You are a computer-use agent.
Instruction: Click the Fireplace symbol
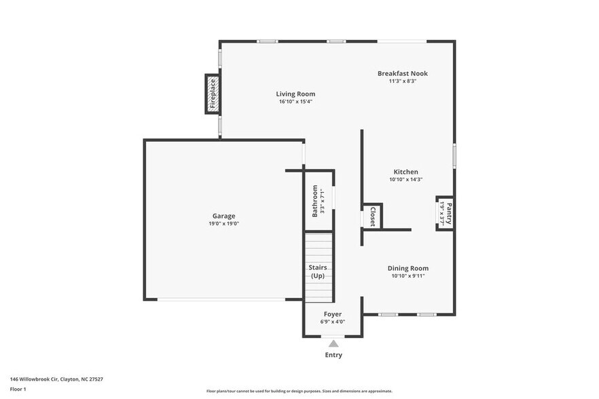[212, 94]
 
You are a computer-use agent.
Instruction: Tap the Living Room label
[295, 94]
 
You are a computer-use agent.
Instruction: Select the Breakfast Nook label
[403, 73]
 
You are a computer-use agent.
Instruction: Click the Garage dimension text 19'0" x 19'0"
[223, 224]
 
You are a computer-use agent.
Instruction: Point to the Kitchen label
[406, 172]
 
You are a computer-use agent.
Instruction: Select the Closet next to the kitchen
[372, 216]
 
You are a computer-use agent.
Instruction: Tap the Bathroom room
[319, 202]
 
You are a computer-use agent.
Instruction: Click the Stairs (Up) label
[318, 271]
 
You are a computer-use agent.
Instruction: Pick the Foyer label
[332, 314]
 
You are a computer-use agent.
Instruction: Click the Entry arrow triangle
[333, 344]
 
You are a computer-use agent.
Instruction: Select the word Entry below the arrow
[333, 355]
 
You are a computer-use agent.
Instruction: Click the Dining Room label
[407, 268]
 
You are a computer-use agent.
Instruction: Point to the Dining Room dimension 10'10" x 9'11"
[407, 276]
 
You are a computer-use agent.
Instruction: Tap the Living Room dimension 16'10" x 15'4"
[295, 102]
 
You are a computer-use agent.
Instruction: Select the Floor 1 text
[18, 389]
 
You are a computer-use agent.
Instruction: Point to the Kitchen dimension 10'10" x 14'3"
[406, 180]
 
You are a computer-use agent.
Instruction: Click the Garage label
[223, 216]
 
